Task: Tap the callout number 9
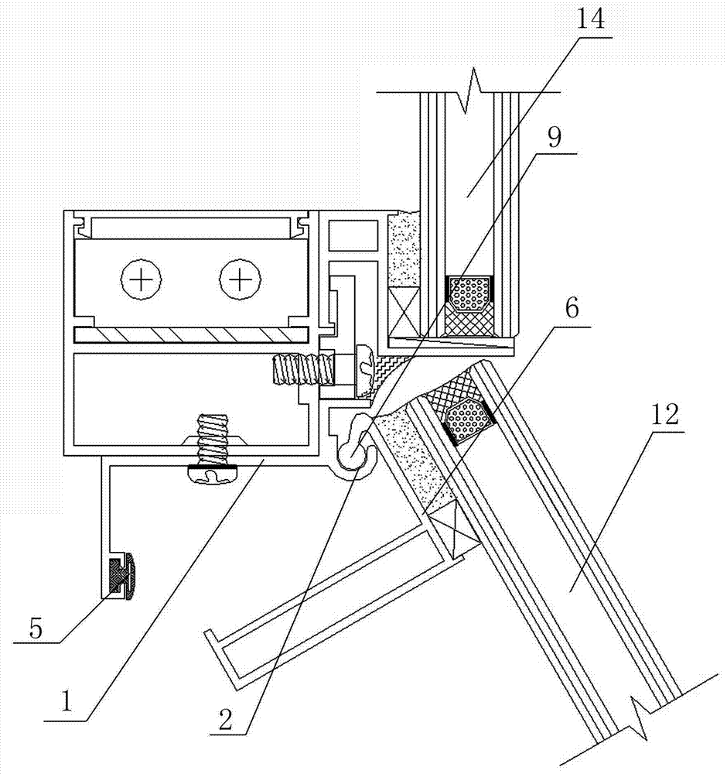555,139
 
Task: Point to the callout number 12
664,416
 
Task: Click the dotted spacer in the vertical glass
469,293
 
